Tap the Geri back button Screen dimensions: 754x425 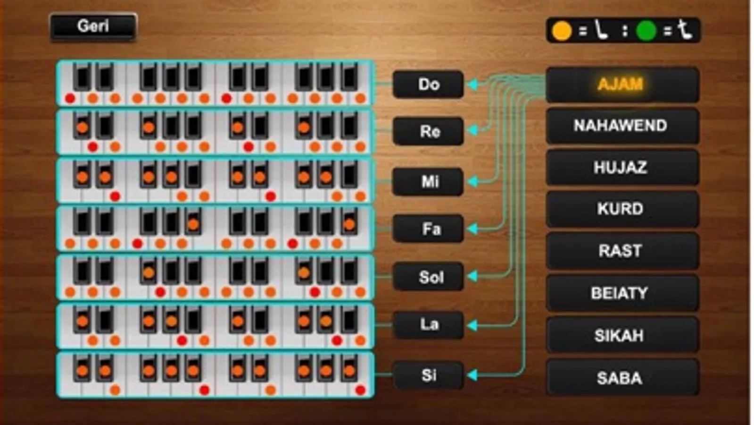[93, 27]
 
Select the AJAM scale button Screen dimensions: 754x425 [622, 85]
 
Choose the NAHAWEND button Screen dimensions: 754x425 [622, 126]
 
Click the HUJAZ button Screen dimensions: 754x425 [622, 168]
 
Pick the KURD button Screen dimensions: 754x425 [622, 209]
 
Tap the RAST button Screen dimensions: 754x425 [622, 251]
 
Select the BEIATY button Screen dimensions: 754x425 [622, 293]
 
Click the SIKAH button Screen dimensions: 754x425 [622, 335]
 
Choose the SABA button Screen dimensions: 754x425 [622, 377]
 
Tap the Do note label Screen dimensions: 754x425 [428, 84]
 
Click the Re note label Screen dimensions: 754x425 [428, 131]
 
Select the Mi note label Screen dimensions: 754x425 [428, 182]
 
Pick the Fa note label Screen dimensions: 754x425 [428, 229]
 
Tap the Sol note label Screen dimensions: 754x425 [428, 277]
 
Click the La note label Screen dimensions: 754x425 [428, 325]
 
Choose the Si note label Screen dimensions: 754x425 [428, 375]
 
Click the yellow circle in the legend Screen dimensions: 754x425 [562, 31]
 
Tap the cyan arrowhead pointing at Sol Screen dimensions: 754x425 [473, 276]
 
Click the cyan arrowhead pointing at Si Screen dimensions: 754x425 [473, 375]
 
